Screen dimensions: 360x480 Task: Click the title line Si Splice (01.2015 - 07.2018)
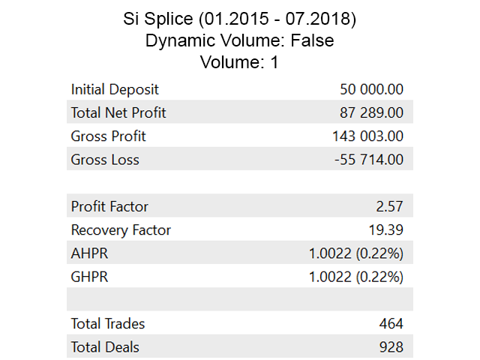point(239,19)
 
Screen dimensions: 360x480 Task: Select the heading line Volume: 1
point(239,62)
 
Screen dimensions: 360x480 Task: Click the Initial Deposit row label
point(115,89)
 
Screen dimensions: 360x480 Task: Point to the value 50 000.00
point(371,89)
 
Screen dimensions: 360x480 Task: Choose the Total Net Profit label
point(118,113)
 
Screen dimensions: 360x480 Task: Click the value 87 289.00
point(373,113)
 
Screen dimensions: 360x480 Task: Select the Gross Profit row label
point(108,136)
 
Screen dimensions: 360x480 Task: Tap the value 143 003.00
point(367,136)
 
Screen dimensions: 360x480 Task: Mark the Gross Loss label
point(105,160)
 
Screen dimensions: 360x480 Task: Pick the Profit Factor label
point(109,206)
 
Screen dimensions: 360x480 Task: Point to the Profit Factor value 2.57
point(391,206)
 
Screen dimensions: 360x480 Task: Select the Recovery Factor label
point(121,230)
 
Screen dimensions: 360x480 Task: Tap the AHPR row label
point(89,253)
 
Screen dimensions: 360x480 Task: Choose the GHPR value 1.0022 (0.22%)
point(356,277)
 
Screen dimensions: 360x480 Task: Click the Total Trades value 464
point(391,324)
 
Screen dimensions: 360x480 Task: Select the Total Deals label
point(105,347)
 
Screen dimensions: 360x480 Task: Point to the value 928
point(391,347)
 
